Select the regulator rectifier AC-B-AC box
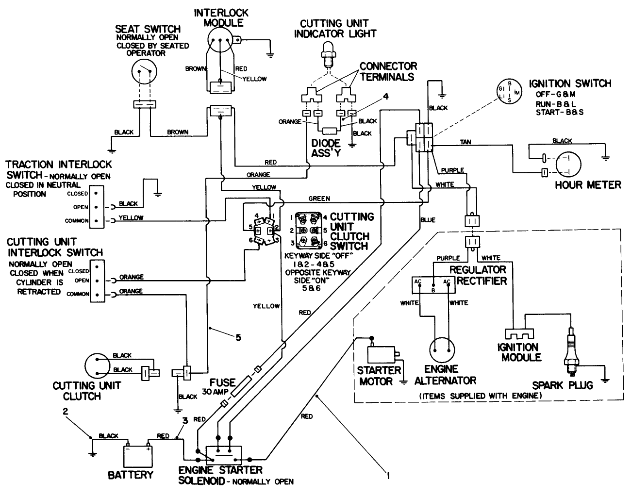click(x=433, y=286)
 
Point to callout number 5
click(x=238, y=337)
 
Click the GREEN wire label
click(x=319, y=199)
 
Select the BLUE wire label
click(x=428, y=220)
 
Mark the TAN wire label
click(x=465, y=142)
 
